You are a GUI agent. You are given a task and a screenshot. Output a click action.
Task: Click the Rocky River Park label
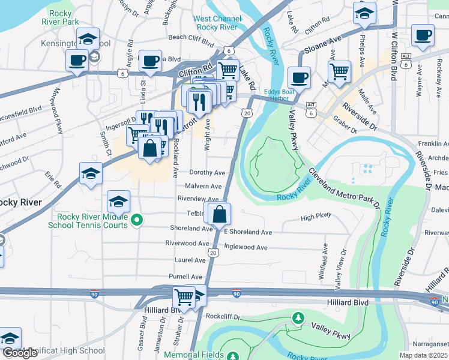pos(61,17)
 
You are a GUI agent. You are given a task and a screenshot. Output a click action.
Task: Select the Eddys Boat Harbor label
pos(280,96)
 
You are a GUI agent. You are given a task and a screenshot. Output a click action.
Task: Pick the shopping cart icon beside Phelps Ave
pos(340,71)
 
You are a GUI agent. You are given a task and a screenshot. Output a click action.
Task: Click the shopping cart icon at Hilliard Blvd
pos(184,296)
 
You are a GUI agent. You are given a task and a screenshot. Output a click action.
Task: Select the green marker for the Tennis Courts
pos(137,220)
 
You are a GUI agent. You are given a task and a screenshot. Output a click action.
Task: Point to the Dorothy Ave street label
pos(207,173)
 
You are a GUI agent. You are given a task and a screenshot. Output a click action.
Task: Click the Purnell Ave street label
pos(185,277)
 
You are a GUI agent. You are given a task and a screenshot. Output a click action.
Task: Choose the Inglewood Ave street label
pos(246,247)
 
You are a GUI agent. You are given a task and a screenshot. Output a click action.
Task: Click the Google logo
pos(20,353)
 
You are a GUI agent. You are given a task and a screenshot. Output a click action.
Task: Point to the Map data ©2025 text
pos(423,355)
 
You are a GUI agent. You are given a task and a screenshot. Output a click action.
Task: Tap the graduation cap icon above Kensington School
pos(88,39)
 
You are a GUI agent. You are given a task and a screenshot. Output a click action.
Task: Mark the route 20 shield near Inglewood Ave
pos(213,253)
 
